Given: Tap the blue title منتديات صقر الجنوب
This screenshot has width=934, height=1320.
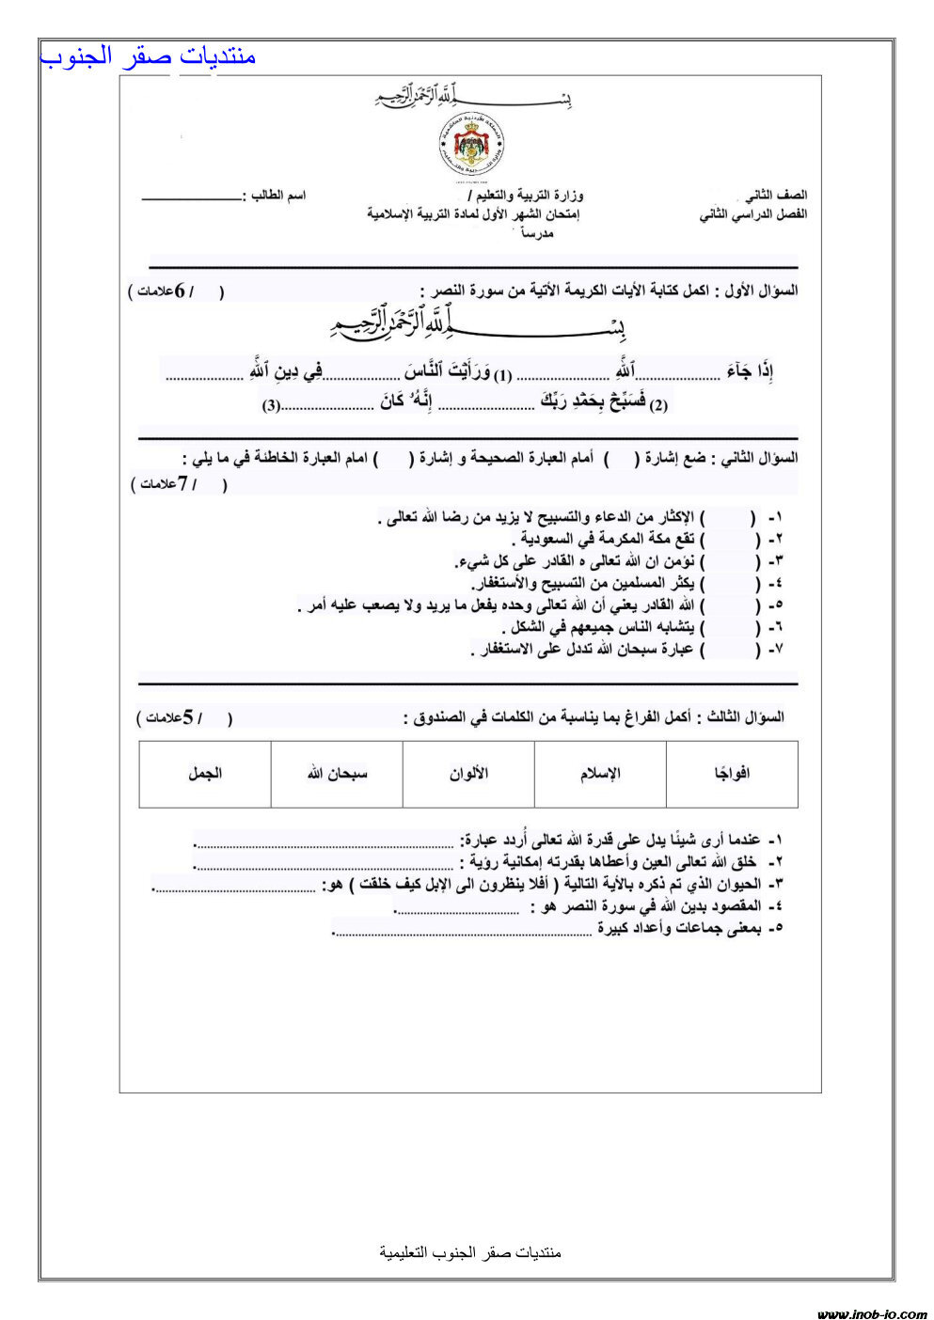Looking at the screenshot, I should click(149, 56).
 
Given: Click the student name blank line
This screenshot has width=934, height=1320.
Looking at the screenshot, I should click(191, 198).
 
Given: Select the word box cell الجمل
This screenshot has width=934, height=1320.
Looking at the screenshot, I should click(205, 774).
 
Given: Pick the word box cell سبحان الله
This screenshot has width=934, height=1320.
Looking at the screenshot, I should click(337, 774).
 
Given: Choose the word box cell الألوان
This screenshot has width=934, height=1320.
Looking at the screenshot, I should click(468, 774).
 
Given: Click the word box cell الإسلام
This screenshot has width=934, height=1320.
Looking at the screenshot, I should click(600, 774).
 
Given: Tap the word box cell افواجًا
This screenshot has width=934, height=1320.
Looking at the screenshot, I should click(732, 774).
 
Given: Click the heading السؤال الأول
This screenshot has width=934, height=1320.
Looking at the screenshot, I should click(757, 291).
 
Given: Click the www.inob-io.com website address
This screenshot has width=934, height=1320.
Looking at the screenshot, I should click(871, 1313).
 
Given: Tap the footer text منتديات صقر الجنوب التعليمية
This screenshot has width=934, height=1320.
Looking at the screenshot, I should click(470, 1252).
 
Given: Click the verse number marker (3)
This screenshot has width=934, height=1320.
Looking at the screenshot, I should click(271, 406).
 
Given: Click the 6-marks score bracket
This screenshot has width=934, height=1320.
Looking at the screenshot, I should click(176, 292).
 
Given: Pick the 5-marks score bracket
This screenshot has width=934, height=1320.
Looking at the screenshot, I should click(184, 718).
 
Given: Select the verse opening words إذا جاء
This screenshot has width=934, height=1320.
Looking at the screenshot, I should click(751, 373).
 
